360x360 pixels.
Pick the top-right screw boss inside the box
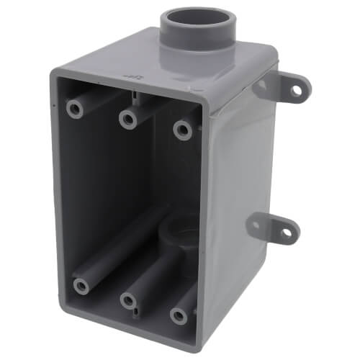click(x=182, y=130)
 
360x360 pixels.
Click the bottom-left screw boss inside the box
click(x=81, y=285)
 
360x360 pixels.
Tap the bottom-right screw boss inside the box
click(x=177, y=314)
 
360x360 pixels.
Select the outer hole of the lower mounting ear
click(x=286, y=233)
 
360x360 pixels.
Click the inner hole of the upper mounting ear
click(x=261, y=85)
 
